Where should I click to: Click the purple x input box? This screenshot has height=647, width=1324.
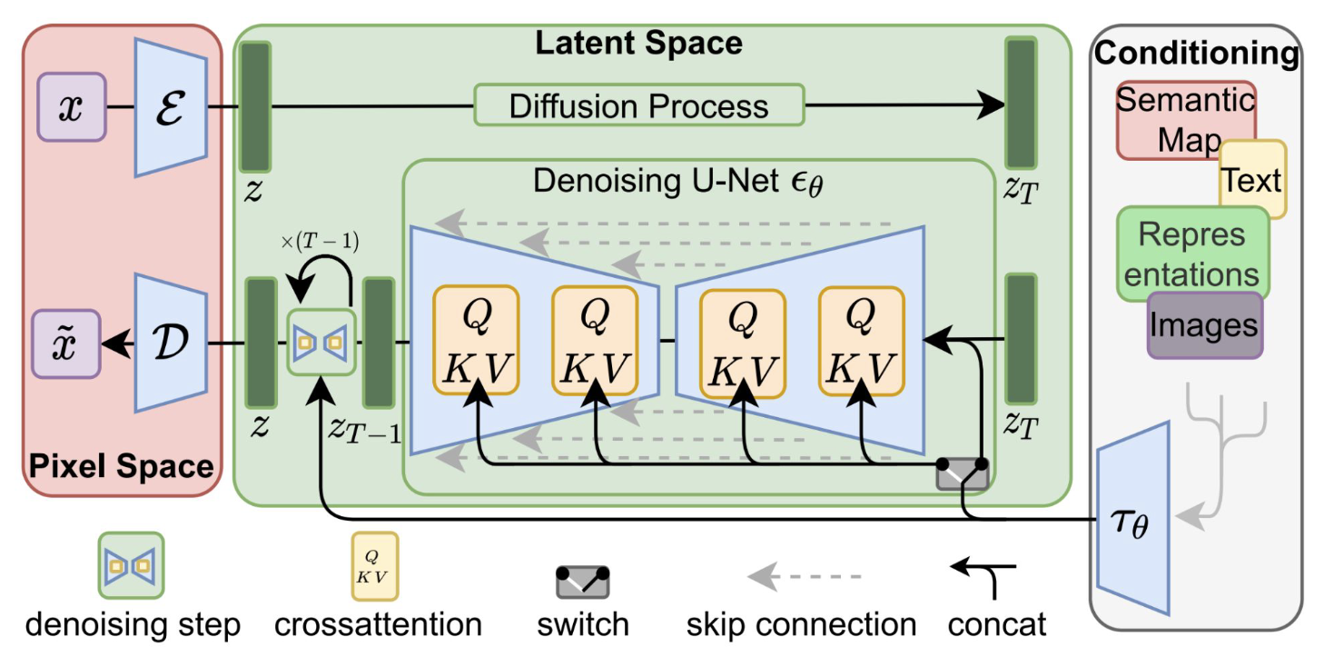(x=71, y=108)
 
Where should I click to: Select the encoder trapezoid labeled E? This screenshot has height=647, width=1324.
(x=171, y=107)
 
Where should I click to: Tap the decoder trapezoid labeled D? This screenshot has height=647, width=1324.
(x=171, y=343)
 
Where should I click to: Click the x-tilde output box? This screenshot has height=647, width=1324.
(x=65, y=343)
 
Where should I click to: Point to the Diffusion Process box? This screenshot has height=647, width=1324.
(x=638, y=105)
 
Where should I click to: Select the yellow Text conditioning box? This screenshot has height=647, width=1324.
(x=1253, y=180)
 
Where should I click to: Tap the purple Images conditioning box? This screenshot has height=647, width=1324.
(x=1204, y=325)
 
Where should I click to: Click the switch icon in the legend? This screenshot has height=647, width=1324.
(x=582, y=582)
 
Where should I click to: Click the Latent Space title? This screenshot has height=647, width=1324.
(x=638, y=43)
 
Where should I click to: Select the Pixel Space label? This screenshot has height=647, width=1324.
(x=122, y=466)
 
